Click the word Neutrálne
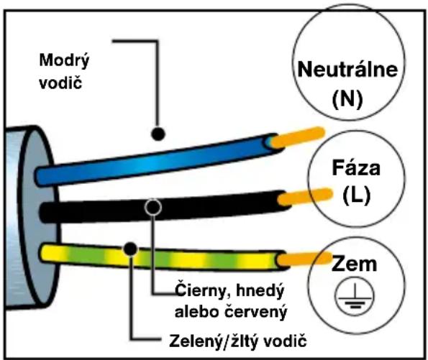[347, 69]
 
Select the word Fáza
[356, 167]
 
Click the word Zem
[354, 264]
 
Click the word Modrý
[64, 60]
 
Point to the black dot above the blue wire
[158, 134]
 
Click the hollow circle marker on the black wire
[153, 207]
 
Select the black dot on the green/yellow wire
[130, 249]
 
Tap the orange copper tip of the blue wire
[299, 137]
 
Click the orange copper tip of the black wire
[305, 196]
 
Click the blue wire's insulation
[155, 160]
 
